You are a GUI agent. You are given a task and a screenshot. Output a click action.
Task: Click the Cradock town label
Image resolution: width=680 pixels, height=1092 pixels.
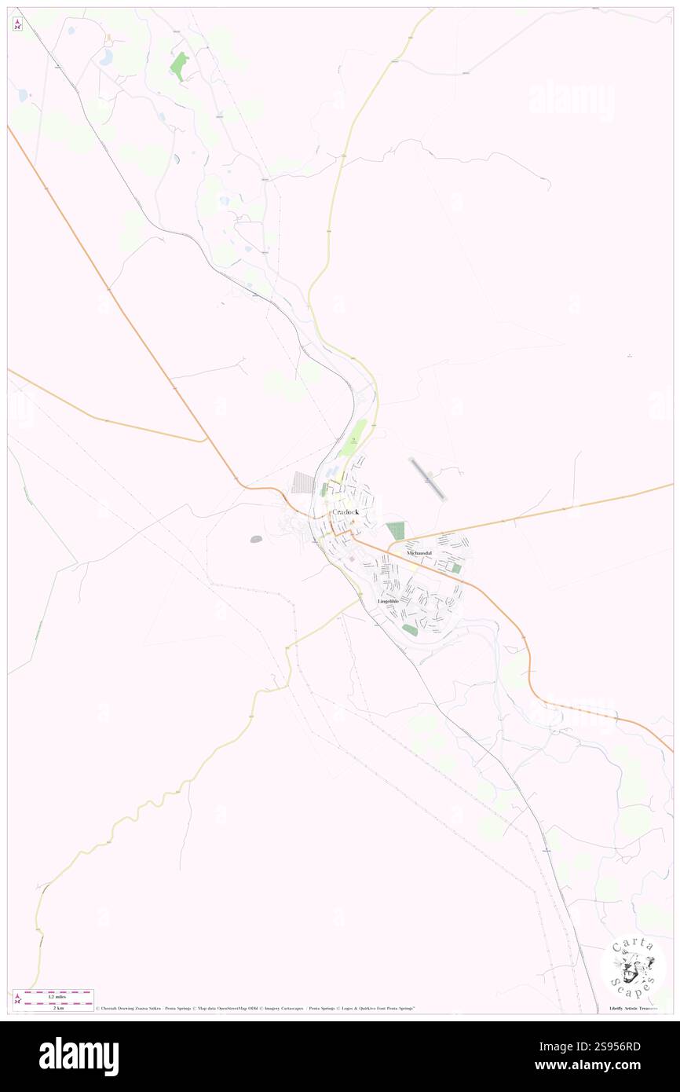345,511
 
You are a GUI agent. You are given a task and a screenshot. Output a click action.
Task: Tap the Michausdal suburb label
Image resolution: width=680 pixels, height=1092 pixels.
419,553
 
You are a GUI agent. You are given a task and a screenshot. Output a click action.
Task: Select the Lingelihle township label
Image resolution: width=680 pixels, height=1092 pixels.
388,601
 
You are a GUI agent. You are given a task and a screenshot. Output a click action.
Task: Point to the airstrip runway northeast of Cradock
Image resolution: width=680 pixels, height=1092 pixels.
428,479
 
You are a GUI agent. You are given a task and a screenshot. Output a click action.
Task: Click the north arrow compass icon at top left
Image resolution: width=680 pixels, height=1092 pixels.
17,24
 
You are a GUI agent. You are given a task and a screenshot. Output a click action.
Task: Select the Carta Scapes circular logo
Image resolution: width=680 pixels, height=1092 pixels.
633,967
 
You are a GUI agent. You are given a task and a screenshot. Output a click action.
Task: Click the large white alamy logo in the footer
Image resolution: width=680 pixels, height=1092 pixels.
79,1056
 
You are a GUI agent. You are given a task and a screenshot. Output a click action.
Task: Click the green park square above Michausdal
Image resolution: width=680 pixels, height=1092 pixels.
396,531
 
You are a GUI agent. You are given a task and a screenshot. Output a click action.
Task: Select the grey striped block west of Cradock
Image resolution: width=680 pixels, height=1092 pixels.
303,482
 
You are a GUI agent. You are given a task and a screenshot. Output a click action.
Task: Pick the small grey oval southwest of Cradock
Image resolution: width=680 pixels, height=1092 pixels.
257,539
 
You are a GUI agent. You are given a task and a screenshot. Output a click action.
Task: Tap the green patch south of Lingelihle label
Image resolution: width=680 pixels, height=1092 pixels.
410,630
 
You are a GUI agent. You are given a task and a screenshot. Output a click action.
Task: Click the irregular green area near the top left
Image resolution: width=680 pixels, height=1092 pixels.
179,66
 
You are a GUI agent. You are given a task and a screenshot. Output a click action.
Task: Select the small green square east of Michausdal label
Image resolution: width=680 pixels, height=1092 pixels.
455,567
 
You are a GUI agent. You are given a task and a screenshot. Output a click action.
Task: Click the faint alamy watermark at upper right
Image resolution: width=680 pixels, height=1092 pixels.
571,100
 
